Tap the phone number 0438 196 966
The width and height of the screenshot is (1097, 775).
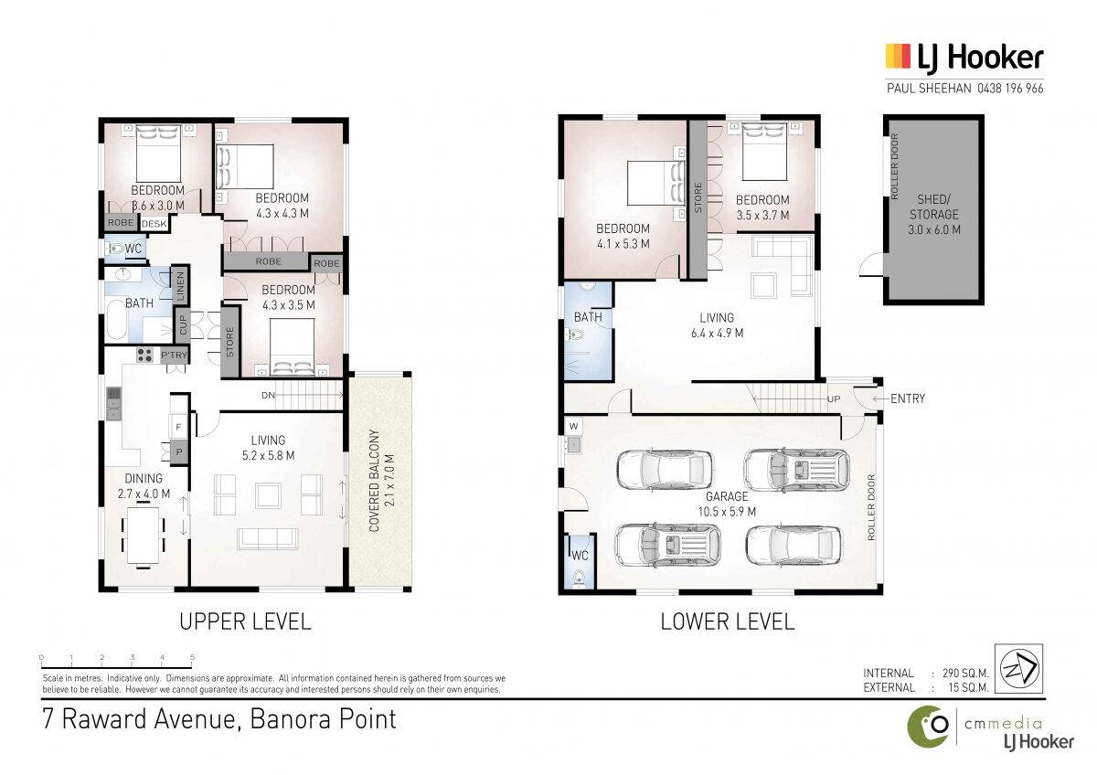[x=1010, y=89]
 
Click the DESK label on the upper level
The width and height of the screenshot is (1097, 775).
[x=154, y=224]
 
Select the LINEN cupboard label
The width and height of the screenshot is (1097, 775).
[x=180, y=286]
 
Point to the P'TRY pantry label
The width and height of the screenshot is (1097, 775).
[x=174, y=355]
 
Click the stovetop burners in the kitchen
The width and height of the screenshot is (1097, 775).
[x=144, y=355]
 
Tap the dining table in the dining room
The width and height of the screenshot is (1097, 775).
[x=143, y=536]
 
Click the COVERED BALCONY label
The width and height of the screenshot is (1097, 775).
[x=381, y=481]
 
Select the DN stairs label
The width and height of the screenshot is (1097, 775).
[x=268, y=395]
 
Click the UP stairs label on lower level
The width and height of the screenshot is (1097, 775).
[x=834, y=399]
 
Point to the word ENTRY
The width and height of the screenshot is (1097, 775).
[x=908, y=398]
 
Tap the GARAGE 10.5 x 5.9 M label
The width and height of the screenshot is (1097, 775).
[x=728, y=504]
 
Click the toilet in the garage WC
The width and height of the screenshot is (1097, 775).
[x=579, y=579]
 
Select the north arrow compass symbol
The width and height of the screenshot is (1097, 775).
[x=1018, y=669]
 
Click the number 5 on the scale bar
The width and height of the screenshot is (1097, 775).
[x=192, y=657]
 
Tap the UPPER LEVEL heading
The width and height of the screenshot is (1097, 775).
[x=245, y=621]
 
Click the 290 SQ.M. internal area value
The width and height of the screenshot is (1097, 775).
[x=965, y=674]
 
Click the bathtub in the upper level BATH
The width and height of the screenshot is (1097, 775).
[x=117, y=319]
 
